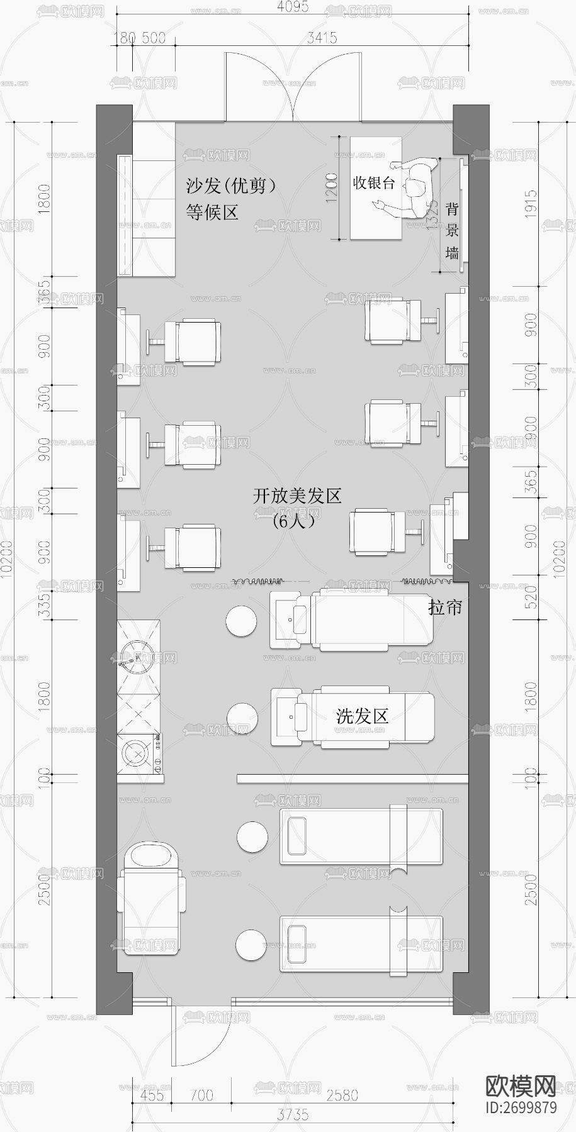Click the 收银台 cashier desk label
(374, 183)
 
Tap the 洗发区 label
(361, 716)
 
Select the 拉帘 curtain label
(445, 607)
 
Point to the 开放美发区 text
(297, 496)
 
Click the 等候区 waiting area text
(212, 212)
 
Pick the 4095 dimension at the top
(293, 8)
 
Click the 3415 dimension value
(322, 38)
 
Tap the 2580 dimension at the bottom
(342, 1096)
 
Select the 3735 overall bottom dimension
(293, 1115)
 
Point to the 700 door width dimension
(201, 1096)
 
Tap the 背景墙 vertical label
(452, 231)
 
